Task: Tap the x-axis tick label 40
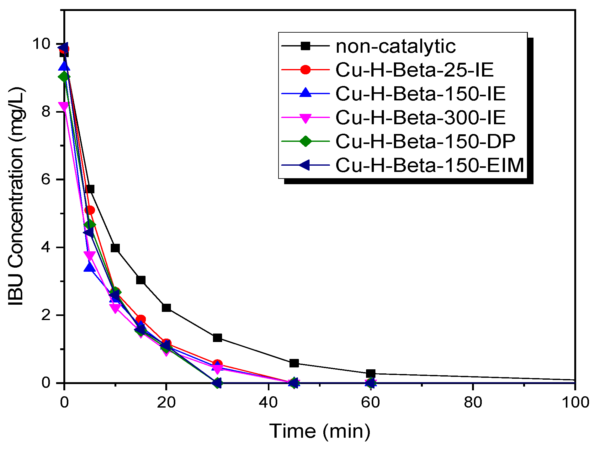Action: coord(268,403)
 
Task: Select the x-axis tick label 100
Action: coord(575,403)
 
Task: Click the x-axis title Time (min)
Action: coord(320,431)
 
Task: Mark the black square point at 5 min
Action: coord(90,189)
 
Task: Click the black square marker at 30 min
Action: coord(217,338)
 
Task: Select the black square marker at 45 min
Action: coord(294,363)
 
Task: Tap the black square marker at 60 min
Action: coord(370,373)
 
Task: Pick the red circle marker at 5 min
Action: coord(90,210)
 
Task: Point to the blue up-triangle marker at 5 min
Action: coord(89,267)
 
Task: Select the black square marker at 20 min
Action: coord(166,308)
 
